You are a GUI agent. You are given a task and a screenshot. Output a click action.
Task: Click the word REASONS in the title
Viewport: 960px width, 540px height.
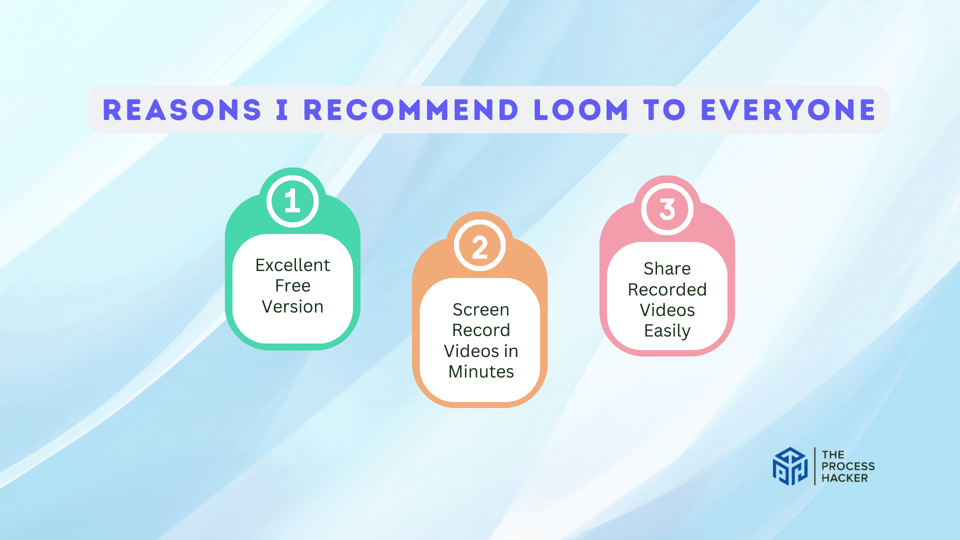[x=182, y=110]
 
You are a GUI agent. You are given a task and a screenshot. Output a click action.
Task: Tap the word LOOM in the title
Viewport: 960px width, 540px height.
[x=580, y=110]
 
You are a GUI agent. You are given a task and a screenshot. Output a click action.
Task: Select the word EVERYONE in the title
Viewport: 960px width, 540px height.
[x=788, y=110]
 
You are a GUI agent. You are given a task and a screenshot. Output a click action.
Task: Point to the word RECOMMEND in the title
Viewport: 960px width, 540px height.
[x=411, y=110]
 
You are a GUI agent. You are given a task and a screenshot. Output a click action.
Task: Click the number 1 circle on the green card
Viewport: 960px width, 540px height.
[x=292, y=201]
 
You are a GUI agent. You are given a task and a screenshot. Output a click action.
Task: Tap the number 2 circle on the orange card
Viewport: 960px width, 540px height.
[x=480, y=246]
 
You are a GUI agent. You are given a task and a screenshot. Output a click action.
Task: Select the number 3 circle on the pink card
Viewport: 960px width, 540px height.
[x=667, y=209]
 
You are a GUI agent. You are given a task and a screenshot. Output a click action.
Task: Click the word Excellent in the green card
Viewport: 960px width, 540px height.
[x=292, y=265]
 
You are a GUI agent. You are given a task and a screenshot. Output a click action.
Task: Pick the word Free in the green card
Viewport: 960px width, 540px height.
[x=292, y=286]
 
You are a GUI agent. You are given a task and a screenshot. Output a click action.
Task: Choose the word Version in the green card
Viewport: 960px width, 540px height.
[x=292, y=306]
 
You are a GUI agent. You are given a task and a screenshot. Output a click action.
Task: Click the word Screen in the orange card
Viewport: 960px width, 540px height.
[x=480, y=310]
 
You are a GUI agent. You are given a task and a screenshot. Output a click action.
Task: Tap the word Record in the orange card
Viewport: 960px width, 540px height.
[x=480, y=330]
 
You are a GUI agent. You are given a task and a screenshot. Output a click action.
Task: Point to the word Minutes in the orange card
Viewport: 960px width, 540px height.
[x=480, y=372]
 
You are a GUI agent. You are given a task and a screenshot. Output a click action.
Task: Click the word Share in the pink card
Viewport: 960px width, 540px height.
[x=667, y=269]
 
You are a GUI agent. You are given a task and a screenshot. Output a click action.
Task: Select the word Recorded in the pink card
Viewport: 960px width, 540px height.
[x=667, y=289]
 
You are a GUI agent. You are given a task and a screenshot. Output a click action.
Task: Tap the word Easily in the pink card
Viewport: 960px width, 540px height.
[x=667, y=331]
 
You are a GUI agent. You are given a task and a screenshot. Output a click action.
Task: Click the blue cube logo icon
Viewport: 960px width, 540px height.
[x=790, y=466]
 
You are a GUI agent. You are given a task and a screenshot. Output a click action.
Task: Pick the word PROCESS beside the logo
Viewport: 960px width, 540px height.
[x=848, y=466]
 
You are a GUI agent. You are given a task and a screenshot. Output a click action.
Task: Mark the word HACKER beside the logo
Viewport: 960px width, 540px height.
[x=844, y=478]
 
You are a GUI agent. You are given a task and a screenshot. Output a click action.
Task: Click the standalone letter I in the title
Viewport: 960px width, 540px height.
[x=282, y=110]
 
